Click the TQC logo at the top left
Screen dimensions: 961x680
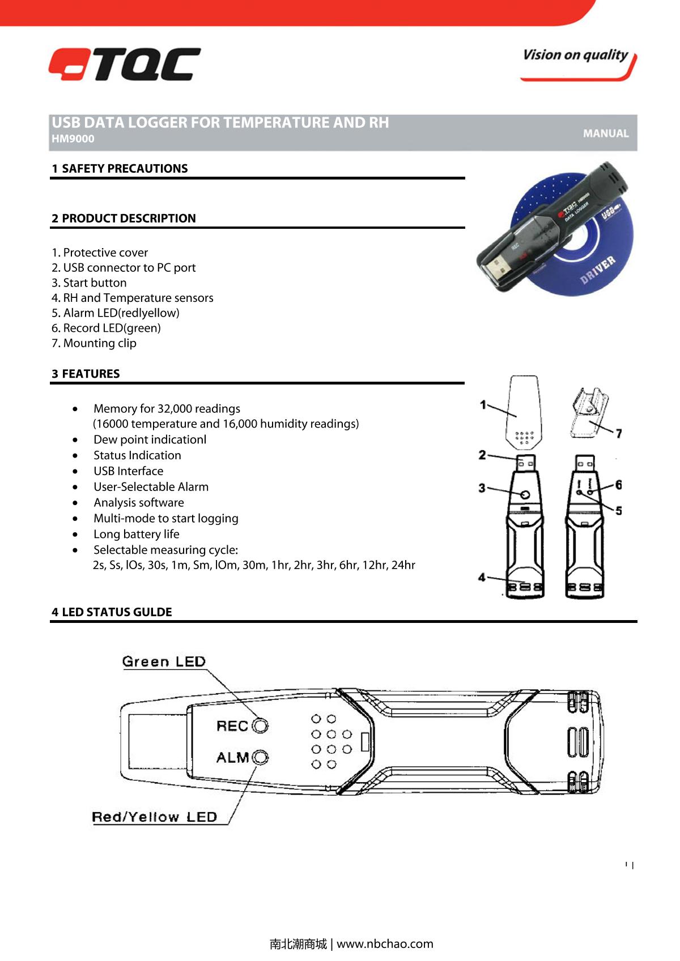point(125,64)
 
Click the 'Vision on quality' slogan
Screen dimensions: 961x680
point(575,55)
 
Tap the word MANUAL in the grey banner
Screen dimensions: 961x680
point(606,134)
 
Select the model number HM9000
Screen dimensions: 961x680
point(73,139)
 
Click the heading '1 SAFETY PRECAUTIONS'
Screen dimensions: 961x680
point(120,168)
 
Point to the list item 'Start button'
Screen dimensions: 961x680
point(89,283)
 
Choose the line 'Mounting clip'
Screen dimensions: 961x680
point(94,343)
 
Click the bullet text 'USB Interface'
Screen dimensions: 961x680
point(128,471)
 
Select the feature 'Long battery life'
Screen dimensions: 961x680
point(136,534)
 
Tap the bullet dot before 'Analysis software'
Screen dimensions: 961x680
point(75,503)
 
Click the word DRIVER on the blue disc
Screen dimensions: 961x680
point(597,271)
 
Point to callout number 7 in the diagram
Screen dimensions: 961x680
point(619,433)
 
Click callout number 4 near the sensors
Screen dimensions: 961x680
point(482,577)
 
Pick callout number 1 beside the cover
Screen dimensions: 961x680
point(483,404)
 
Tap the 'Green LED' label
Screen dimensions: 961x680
point(164,661)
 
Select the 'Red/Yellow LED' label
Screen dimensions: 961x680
point(155,817)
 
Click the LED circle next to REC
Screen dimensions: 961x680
point(261,725)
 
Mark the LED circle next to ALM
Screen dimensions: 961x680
point(261,757)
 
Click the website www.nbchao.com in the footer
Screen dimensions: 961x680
point(385,944)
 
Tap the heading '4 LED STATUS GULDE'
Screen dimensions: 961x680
point(112,612)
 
